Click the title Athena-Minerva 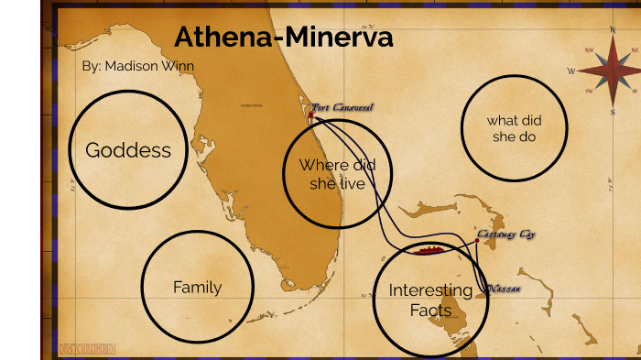(283, 38)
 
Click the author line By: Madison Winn (137, 66)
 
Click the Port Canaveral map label (342, 107)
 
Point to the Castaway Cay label (505, 235)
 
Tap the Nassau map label (504, 289)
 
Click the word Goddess (128, 150)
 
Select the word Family (198, 287)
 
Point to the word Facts (430, 311)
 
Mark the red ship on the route (429, 249)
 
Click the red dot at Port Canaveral (310, 115)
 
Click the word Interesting (430, 290)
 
